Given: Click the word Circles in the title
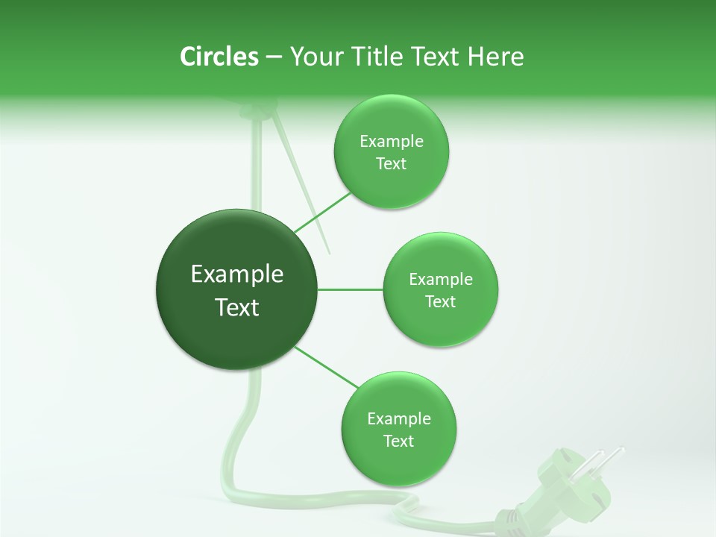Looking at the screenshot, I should pos(219,57).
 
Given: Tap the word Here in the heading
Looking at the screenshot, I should pos(495,57).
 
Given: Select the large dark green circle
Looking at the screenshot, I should pos(236,289).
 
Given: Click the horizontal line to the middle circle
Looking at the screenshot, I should pos(351,289).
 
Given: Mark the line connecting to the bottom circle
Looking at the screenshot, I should pos(328,367).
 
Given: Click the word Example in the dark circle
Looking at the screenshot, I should pos(237,274).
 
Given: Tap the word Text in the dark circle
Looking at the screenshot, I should pos(237,307).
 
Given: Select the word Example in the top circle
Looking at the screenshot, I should pos(392,141).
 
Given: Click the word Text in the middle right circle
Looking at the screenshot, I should pos(440,301).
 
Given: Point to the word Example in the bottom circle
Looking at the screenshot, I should pos(399,418).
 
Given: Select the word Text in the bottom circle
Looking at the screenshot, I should pos(398,441).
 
